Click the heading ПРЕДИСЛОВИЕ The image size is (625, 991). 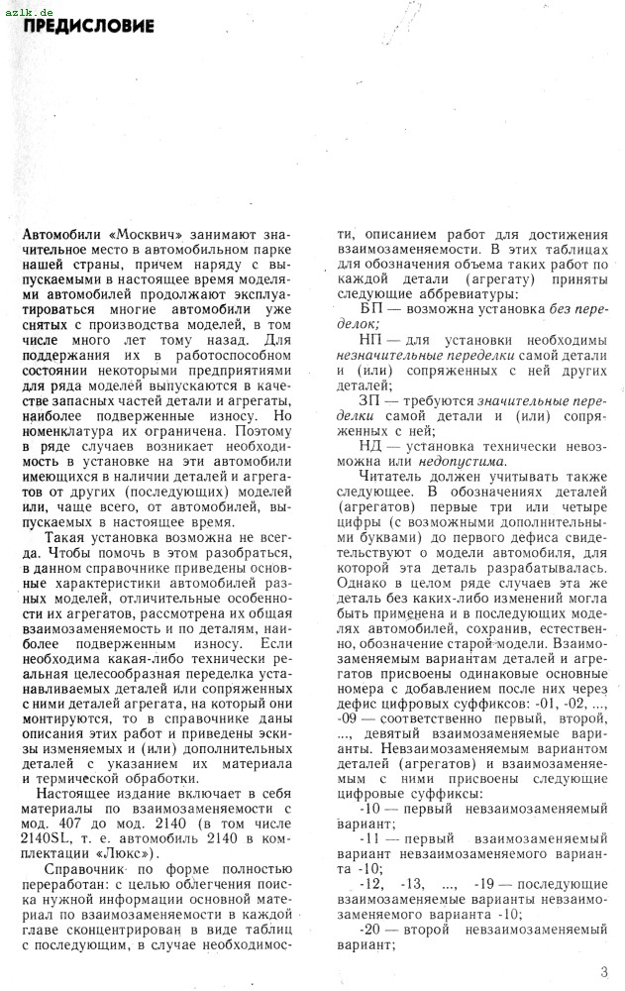pos(89,27)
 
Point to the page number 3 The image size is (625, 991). pos(604,971)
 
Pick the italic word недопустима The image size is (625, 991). pos(469,460)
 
